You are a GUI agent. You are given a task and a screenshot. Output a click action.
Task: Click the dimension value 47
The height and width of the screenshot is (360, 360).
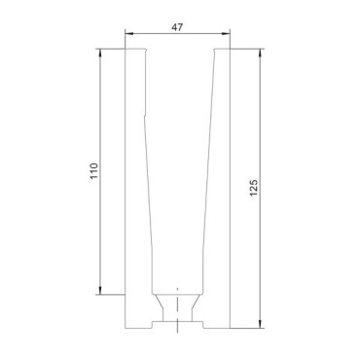coord(177,27)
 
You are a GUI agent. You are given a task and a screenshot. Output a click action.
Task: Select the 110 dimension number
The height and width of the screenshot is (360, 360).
coord(93,171)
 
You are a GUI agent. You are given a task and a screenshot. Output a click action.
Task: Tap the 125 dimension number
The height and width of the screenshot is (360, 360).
coord(254,188)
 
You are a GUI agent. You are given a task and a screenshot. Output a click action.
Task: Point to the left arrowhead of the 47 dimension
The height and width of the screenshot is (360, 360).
coord(129,33)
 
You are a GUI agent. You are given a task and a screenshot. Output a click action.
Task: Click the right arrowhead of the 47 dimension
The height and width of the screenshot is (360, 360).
coord(226,33)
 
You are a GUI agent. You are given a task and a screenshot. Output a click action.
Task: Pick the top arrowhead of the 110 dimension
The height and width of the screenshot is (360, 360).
coord(100,54)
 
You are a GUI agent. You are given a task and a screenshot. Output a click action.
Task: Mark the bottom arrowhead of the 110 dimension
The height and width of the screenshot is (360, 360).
coord(100,290)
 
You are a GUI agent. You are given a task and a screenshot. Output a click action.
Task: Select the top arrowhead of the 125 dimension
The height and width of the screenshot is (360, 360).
coord(260,54)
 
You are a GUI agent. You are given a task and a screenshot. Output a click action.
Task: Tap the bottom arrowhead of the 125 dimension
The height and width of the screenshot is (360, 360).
coord(260,324)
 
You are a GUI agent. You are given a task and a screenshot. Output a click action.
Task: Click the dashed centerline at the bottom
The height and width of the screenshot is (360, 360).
coord(177,309)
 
